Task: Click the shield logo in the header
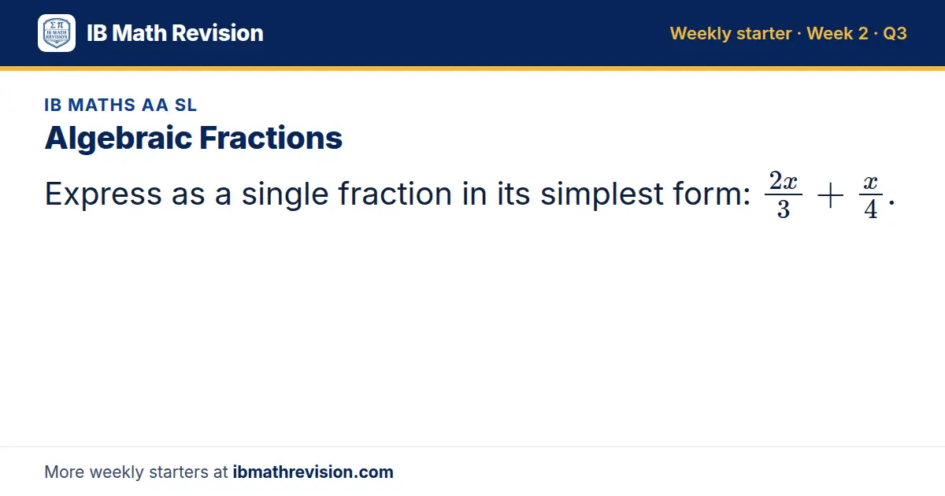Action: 57,33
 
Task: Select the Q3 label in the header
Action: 895,34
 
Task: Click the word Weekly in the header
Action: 701,34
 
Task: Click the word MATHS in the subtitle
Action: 102,105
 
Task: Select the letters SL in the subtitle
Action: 186,105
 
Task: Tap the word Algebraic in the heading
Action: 118,139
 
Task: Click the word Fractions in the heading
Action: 270,138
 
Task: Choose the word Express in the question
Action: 103,194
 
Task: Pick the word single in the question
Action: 285,195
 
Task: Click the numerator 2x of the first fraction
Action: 783,181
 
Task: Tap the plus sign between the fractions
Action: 830,196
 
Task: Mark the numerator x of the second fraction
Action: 871,183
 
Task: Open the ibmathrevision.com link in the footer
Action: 313,472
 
